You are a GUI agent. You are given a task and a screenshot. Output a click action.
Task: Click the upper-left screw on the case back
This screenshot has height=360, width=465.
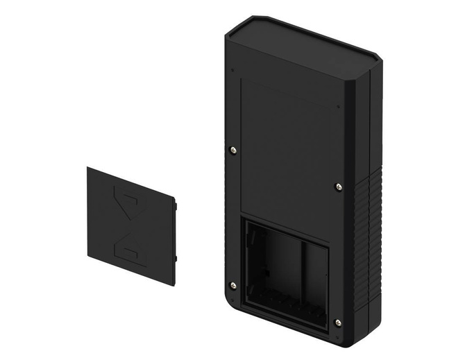[232, 149]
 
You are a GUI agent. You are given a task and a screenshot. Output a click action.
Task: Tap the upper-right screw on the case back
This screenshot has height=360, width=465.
[338, 187]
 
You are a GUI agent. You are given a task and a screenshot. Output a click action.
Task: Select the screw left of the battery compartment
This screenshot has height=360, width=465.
[232, 285]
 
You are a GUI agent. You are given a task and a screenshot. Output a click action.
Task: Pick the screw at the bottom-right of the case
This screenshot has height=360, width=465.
[337, 322]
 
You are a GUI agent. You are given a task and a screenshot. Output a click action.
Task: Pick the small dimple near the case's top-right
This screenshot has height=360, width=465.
[338, 107]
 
